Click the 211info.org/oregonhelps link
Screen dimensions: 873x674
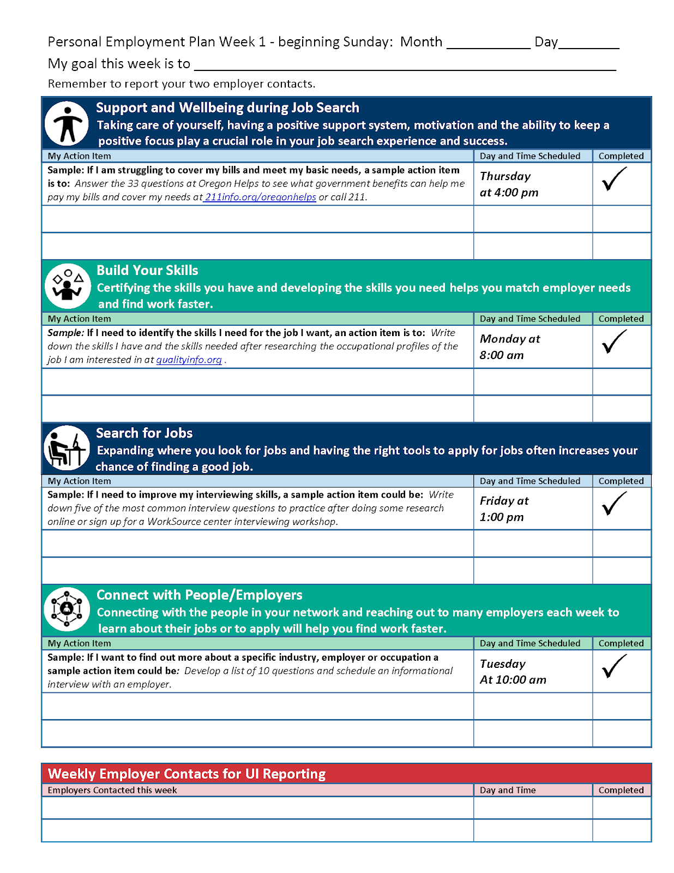pos(261,197)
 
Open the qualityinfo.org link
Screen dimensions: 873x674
pos(189,360)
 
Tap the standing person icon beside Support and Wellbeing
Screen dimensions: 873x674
pos(67,124)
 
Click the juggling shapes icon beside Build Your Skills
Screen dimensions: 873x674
pos(67,286)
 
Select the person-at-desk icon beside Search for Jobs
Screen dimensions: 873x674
pos(67,449)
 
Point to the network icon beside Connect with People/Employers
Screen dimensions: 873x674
pos(67,609)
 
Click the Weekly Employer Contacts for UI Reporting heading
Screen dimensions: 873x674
pos(186,774)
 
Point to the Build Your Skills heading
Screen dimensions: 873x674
pos(147,270)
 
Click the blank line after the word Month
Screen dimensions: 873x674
pos(488,44)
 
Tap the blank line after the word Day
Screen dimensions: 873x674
pos(589,44)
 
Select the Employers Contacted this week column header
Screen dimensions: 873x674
pos(112,790)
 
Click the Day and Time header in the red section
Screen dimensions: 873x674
pos(508,790)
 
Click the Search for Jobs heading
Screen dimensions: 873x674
pos(145,433)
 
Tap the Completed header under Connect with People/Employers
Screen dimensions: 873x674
pos(621,643)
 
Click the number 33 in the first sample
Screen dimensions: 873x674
pos(133,183)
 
